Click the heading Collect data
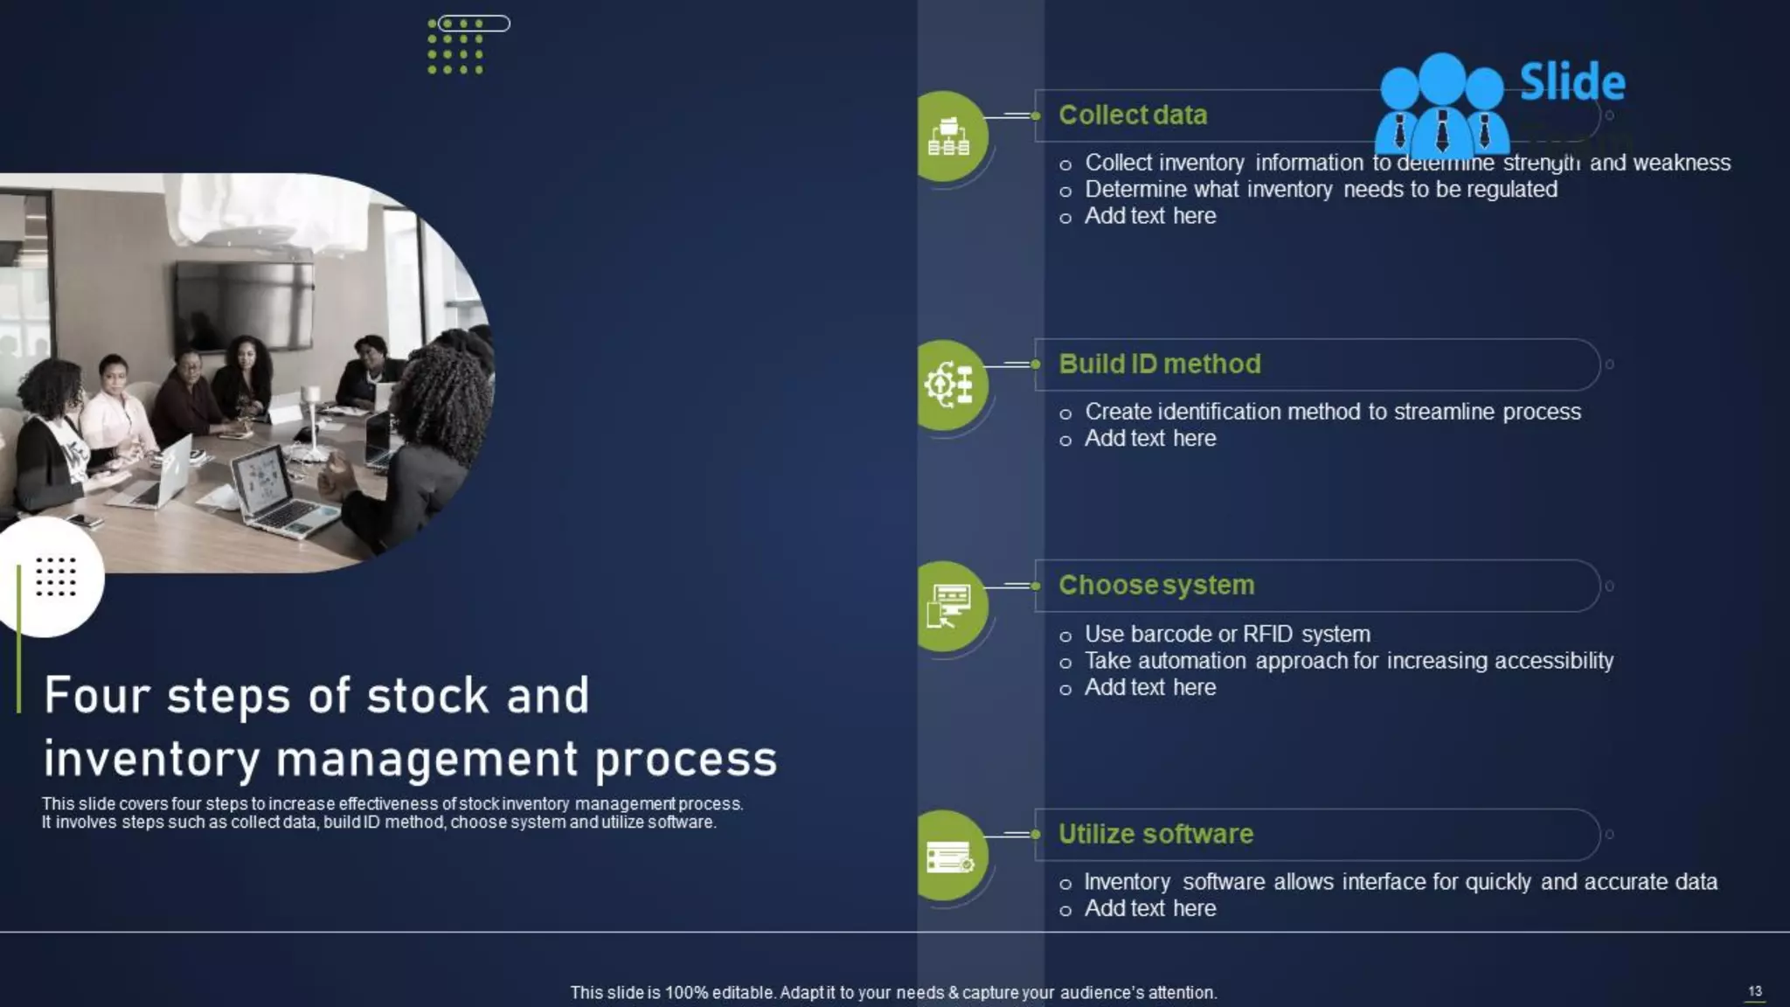1133,115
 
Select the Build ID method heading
1159,364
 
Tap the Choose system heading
1156,585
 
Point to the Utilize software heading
1155,834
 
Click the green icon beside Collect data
949,136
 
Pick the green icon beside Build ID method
949,385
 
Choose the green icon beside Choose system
949,607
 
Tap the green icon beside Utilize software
949,857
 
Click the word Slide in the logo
1572,82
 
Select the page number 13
1755,990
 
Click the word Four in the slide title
96,696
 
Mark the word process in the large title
686,759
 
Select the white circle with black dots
54,577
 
